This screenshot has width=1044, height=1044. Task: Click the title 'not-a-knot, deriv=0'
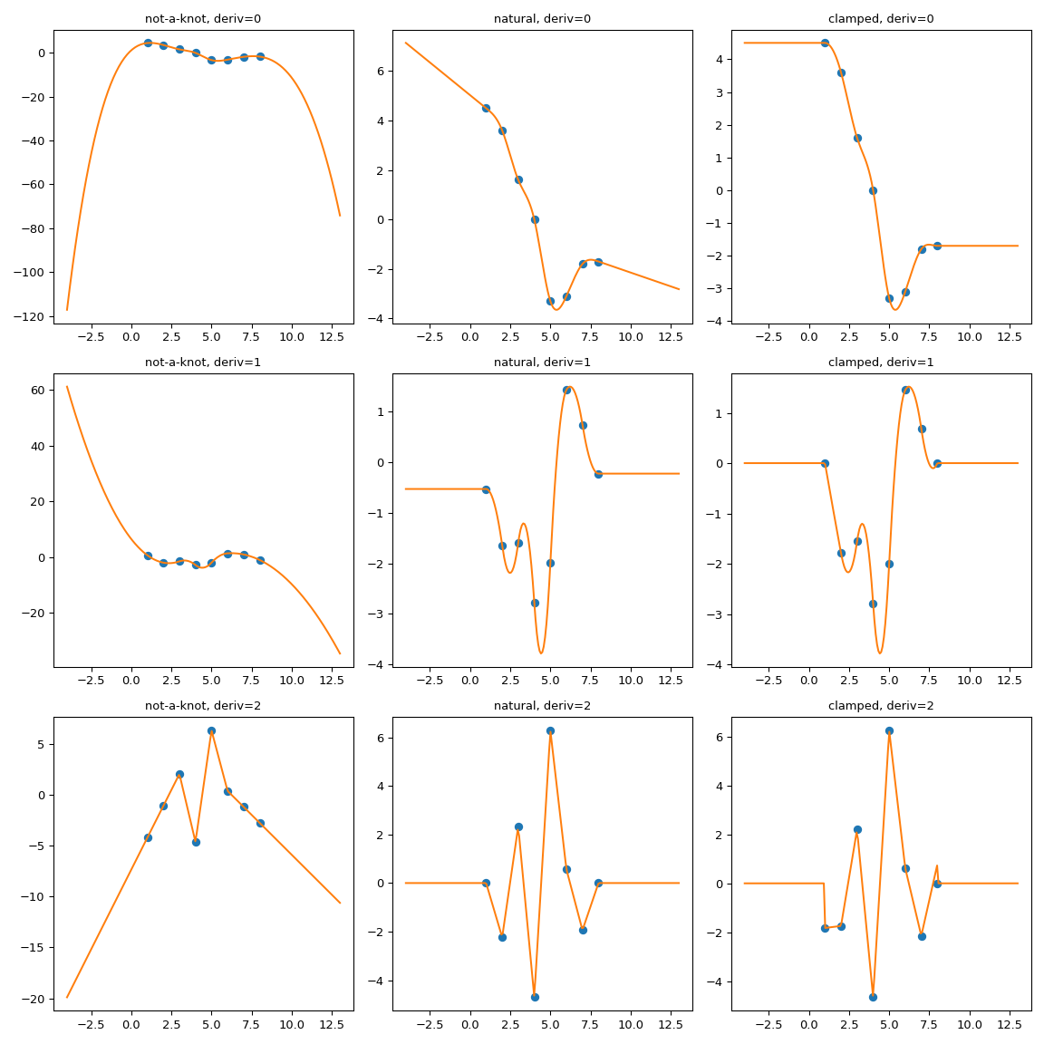[x=203, y=19]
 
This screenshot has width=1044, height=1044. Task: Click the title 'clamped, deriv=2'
[x=881, y=706]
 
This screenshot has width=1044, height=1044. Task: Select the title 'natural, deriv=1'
[x=542, y=362]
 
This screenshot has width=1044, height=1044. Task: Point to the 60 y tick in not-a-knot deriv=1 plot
[x=39, y=391]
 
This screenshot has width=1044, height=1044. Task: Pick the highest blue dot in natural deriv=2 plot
[x=550, y=730]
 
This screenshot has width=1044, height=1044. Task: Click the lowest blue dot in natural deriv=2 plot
[x=535, y=997]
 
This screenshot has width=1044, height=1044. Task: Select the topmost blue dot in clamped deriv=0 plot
[x=825, y=43]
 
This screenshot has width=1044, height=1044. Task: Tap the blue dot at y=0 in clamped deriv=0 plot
[x=873, y=190]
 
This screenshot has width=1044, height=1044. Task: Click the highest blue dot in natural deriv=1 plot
[x=566, y=390]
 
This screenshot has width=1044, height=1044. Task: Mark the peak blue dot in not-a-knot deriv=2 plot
[x=211, y=730]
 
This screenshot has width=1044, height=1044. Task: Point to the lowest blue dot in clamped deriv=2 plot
[x=873, y=997]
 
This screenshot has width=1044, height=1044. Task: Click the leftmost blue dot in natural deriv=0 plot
[x=486, y=108]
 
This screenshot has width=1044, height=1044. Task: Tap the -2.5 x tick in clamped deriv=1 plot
[x=768, y=681]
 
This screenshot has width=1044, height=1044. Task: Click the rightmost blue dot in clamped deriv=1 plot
[x=937, y=463]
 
